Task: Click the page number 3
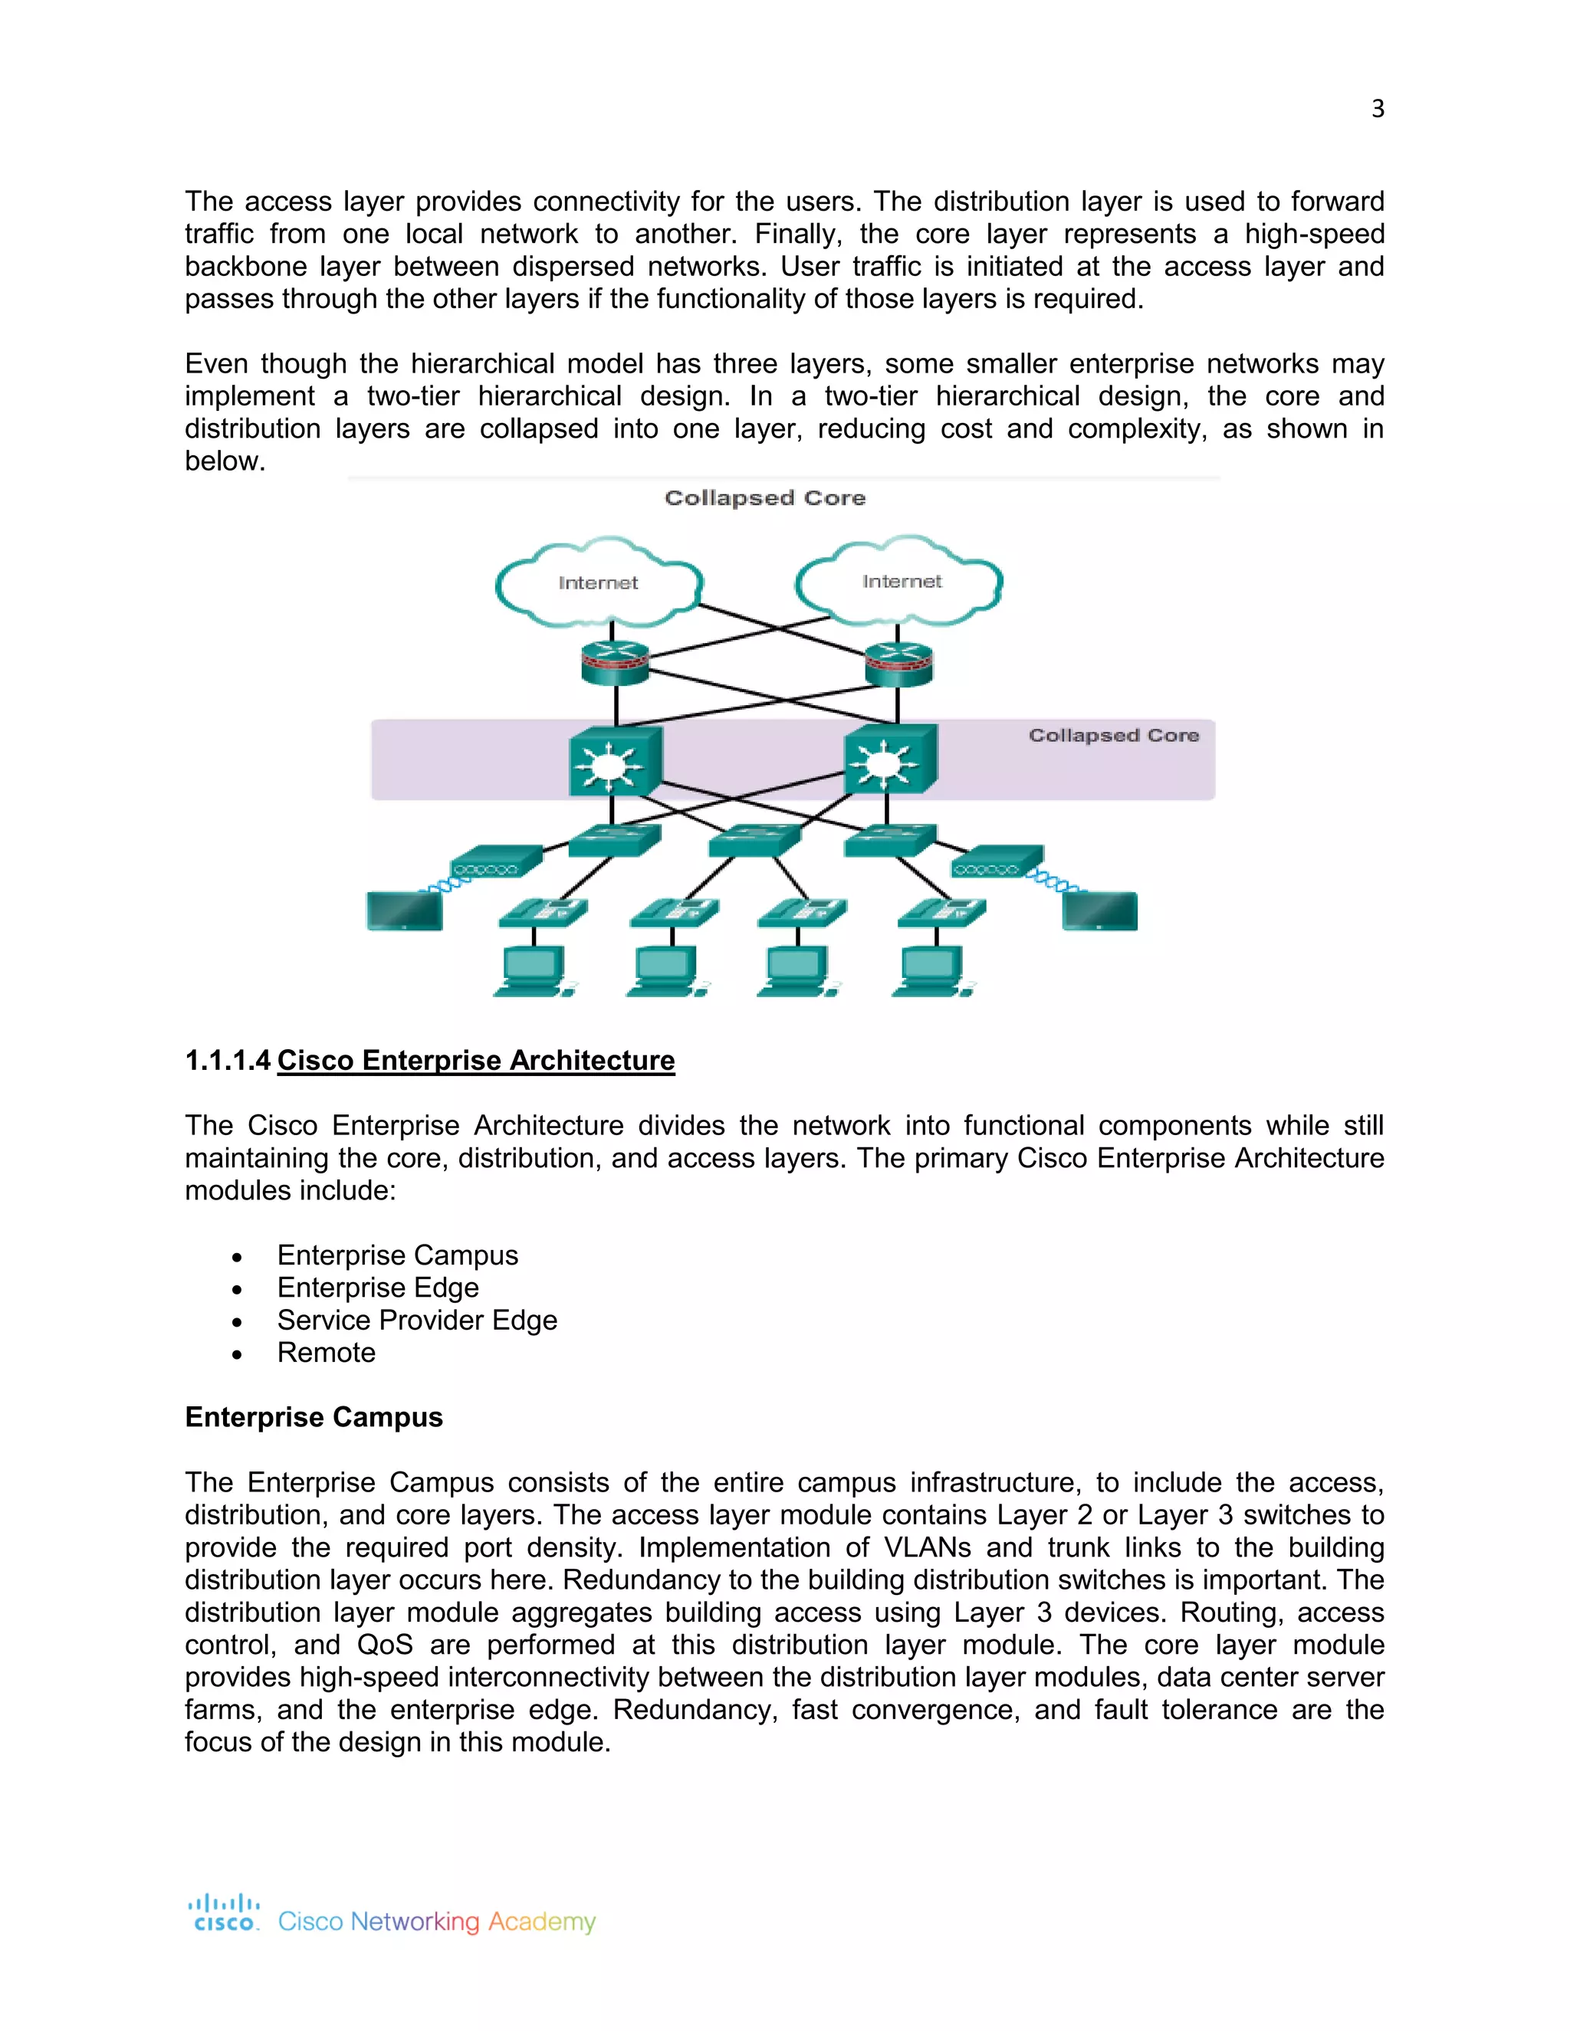(x=1378, y=109)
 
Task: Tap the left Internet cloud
(x=598, y=583)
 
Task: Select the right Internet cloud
(x=900, y=581)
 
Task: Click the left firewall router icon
(x=615, y=663)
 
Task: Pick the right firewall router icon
(x=898, y=663)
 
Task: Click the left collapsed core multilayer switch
(x=614, y=762)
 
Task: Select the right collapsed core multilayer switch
(x=889, y=760)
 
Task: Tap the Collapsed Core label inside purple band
(x=1113, y=736)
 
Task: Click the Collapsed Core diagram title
(x=764, y=498)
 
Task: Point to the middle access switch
(x=754, y=841)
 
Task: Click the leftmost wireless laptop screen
(x=405, y=911)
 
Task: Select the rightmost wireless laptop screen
(x=1099, y=911)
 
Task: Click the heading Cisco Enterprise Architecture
(x=475, y=1060)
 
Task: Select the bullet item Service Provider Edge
(x=417, y=1320)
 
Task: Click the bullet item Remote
(x=326, y=1352)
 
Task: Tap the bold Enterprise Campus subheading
(x=314, y=1417)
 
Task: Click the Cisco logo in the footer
(x=224, y=1913)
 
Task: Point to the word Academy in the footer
(x=541, y=1921)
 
